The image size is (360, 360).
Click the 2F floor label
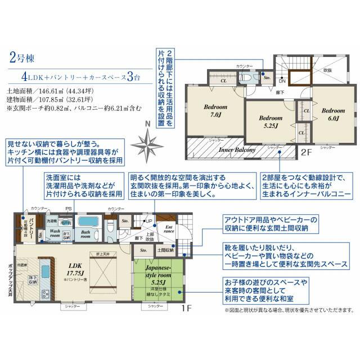click(x=304, y=152)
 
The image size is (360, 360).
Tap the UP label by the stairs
click(x=149, y=220)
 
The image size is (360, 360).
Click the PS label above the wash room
click(x=69, y=209)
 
